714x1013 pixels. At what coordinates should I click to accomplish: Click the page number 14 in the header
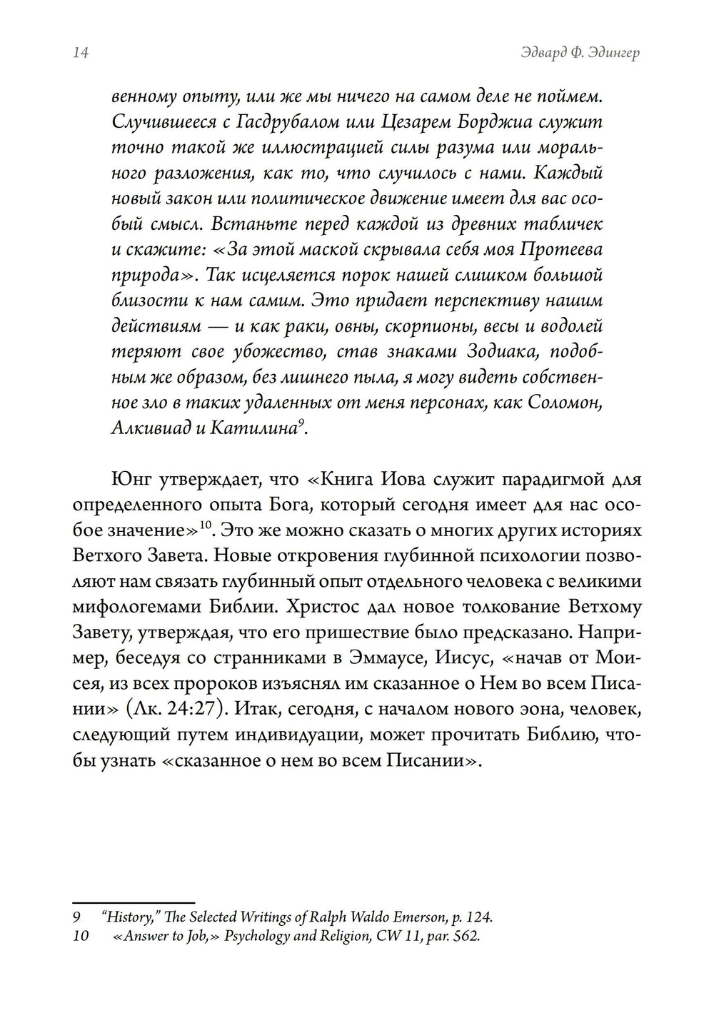80,54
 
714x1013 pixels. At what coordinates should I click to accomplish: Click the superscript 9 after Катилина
301,423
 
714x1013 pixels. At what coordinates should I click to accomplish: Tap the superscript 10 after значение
206,526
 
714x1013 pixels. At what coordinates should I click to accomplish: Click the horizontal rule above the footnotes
134,902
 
